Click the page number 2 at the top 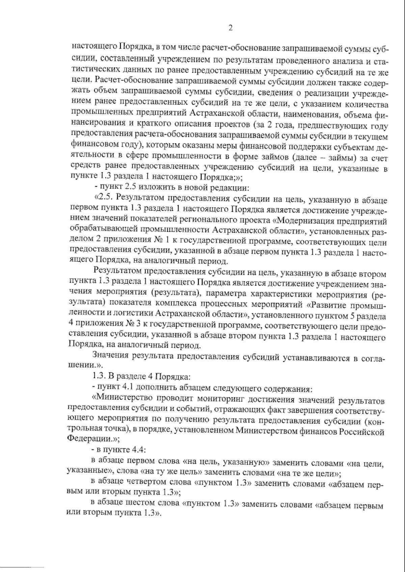point(231,28)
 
